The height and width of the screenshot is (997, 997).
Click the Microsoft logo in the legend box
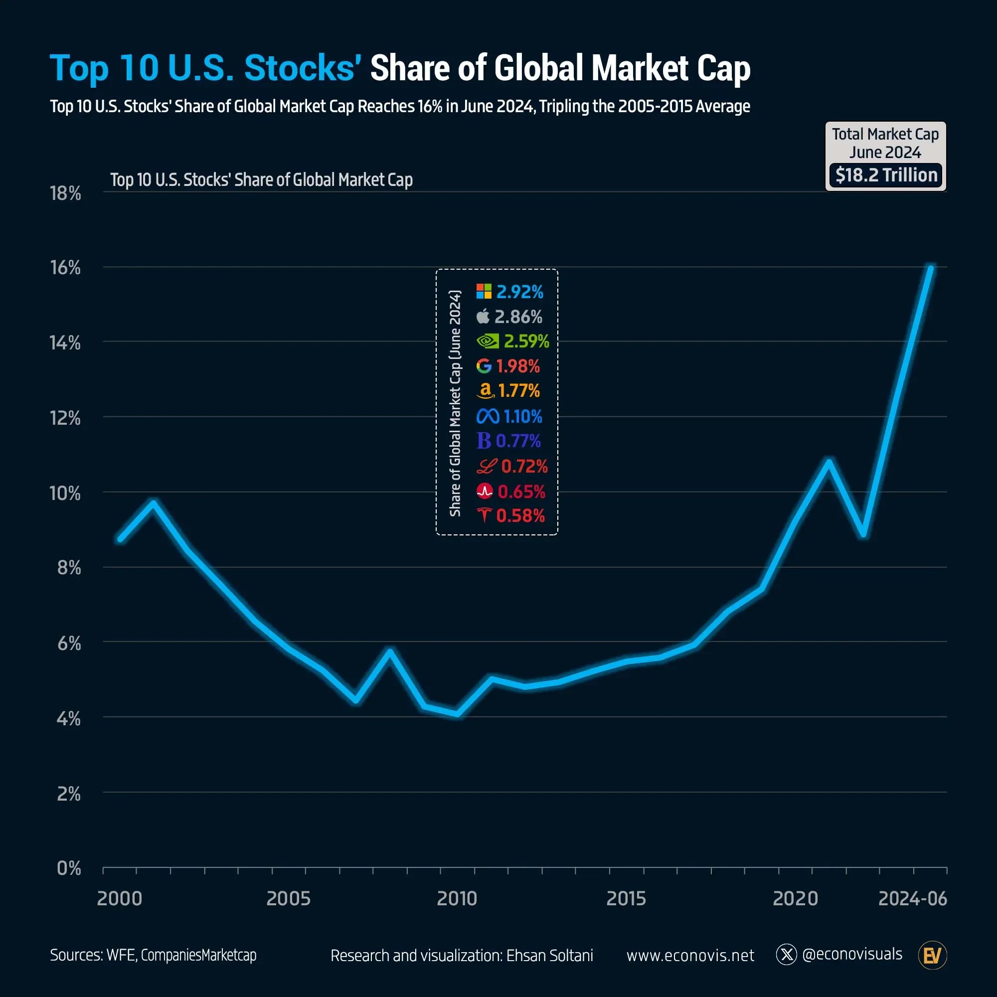click(x=484, y=292)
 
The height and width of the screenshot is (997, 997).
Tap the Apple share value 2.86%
click(x=518, y=317)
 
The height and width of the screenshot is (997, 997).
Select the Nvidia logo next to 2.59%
click(x=487, y=341)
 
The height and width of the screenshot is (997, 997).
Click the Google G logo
click(x=484, y=366)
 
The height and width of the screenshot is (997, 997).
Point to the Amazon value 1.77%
click(x=518, y=391)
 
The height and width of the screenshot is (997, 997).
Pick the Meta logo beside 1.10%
click(x=488, y=416)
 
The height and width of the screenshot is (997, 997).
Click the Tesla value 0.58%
click(x=520, y=515)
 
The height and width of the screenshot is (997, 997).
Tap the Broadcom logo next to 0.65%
click(x=485, y=491)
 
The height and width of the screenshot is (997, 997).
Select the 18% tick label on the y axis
click(x=65, y=193)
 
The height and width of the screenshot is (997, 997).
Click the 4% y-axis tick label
click(x=68, y=718)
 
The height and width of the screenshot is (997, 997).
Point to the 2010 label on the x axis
click(x=457, y=898)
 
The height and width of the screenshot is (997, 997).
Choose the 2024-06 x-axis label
click(x=912, y=898)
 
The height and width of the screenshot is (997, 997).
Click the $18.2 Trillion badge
click(x=885, y=175)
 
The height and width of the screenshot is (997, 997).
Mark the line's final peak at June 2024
click(x=930, y=268)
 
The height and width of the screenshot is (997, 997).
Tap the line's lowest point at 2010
click(x=457, y=714)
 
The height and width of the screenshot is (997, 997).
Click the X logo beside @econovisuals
click(x=787, y=955)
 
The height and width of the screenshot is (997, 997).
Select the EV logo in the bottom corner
click(x=932, y=955)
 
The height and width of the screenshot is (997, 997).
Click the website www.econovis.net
click(x=690, y=955)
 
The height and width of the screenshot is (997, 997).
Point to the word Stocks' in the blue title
click(x=303, y=68)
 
